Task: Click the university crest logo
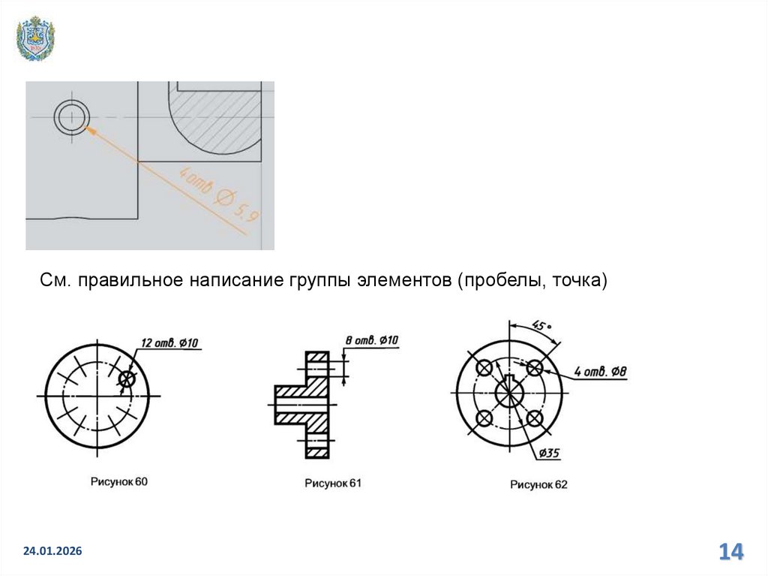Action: click(35, 38)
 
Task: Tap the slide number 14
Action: click(730, 551)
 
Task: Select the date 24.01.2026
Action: click(52, 551)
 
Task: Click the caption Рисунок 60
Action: click(119, 481)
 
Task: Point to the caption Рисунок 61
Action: click(333, 483)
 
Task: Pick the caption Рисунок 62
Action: click(538, 484)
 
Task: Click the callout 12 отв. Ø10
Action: click(169, 342)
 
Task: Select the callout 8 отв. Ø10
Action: click(372, 340)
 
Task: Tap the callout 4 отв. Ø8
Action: click(601, 372)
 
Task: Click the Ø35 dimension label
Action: click(549, 452)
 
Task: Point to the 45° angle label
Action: click(541, 325)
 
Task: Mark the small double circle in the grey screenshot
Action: click(71, 118)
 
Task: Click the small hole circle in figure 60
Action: click(127, 378)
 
